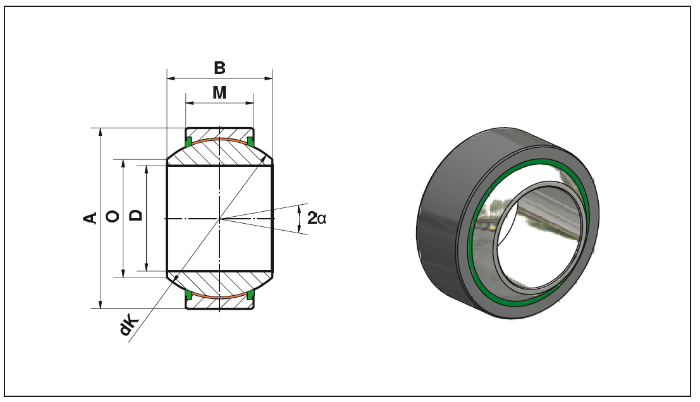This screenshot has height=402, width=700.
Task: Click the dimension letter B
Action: point(219,68)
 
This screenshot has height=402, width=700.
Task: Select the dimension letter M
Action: point(219,93)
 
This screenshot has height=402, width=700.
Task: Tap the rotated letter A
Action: point(90,217)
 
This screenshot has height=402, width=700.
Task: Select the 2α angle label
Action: point(317,218)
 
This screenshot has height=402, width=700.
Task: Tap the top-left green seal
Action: point(188,142)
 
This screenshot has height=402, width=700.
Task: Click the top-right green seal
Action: point(250,142)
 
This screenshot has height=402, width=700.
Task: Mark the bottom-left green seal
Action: point(188,295)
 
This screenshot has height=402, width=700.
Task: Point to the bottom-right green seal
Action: point(250,295)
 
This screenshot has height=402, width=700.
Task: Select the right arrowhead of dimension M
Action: point(250,103)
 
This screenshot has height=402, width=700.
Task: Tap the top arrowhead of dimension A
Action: point(101,133)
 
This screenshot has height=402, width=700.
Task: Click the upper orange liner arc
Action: point(219,139)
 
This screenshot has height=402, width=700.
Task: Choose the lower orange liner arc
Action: point(219,297)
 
